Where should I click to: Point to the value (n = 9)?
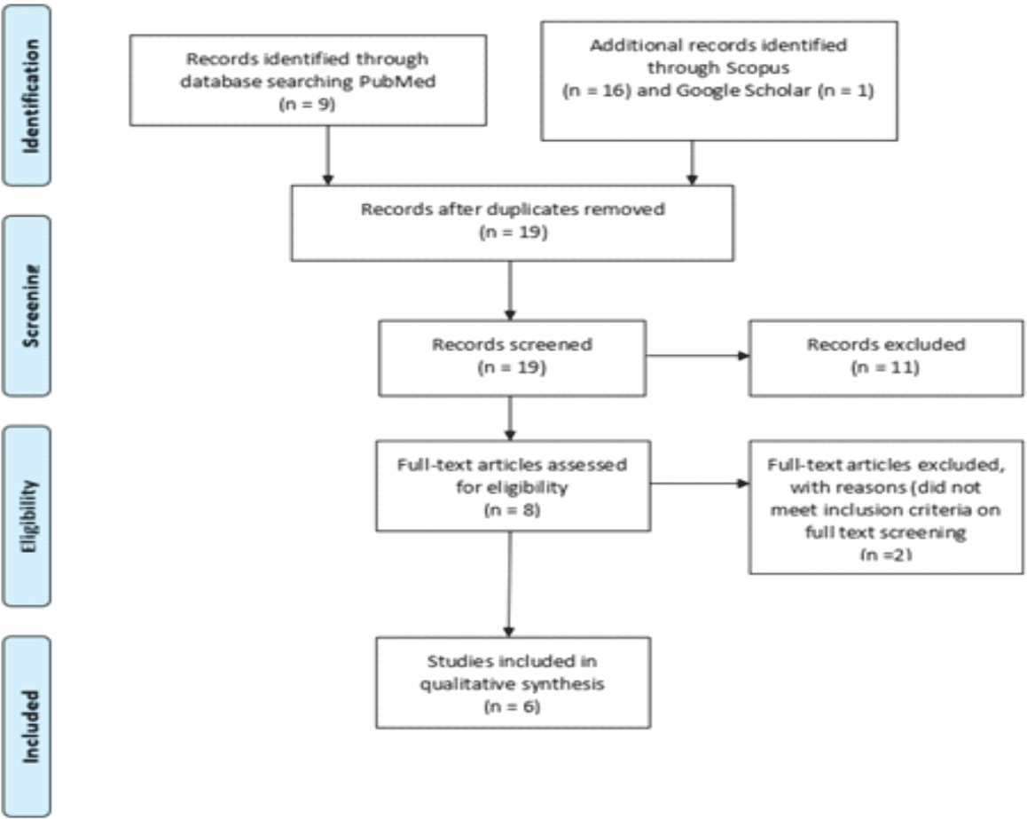coord(307,104)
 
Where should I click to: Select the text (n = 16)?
coord(597,91)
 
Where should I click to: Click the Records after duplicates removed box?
coord(513,224)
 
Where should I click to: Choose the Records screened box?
coord(513,358)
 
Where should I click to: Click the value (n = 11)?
coord(885,367)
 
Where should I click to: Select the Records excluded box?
coord(886,358)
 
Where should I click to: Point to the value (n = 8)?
coord(513,509)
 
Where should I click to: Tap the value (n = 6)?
coord(513,706)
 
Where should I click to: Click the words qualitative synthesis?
coord(513,684)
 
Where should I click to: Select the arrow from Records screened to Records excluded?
coord(698,356)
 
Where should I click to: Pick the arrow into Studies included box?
coord(509,584)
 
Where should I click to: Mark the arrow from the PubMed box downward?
coord(328,155)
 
